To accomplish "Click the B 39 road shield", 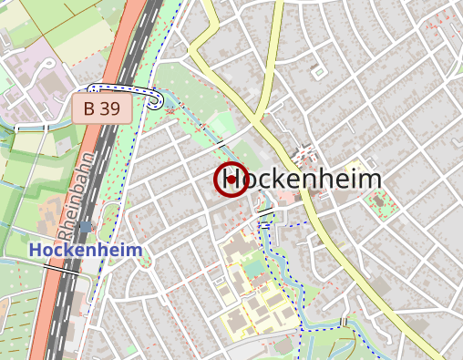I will click(102, 108).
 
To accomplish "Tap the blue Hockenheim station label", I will click(86, 249).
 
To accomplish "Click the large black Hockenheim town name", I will click(301, 179).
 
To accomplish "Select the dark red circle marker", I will click(231, 180).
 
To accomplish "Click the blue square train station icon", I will click(86, 226).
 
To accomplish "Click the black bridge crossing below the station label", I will click(62, 270).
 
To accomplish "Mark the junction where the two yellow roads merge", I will click(263, 118).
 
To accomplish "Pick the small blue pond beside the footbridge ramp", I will click(170, 107).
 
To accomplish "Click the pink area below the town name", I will click(286, 197).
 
